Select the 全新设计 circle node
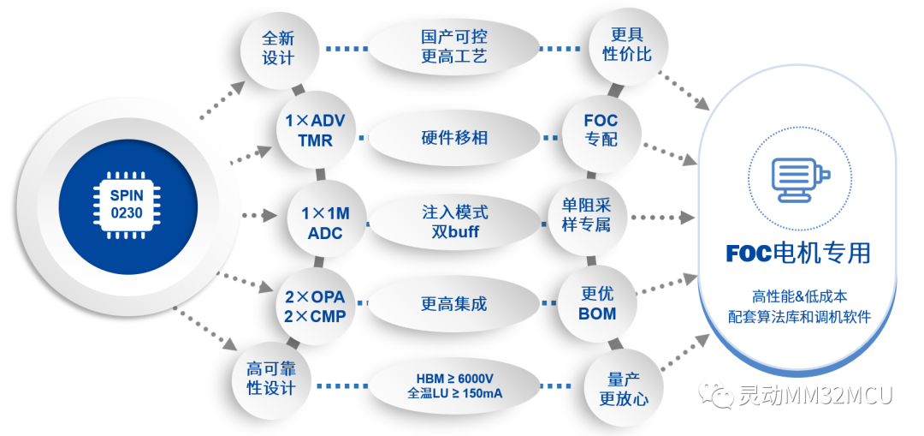click(x=278, y=48)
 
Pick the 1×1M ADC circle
click(x=325, y=222)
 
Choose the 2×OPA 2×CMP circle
click(x=316, y=306)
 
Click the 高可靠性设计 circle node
click(x=271, y=379)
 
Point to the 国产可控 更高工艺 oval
click(x=454, y=47)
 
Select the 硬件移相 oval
click(x=454, y=137)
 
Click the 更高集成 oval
click(x=454, y=304)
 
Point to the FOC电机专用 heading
click(x=798, y=254)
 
